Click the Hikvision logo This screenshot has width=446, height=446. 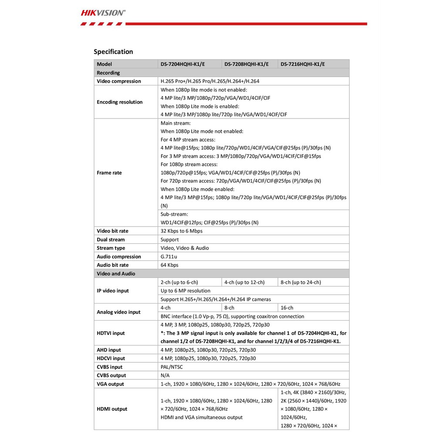(x=103, y=13)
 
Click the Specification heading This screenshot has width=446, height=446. (x=113, y=52)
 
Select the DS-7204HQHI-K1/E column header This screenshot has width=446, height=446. (x=182, y=64)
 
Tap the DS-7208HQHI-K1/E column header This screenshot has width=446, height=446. (x=246, y=64)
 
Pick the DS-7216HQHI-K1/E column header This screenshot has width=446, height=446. (x=303, y=64)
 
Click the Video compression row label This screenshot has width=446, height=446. (x=119, y=81)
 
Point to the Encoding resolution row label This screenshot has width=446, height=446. (x=120, y=102)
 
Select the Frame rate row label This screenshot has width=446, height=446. (x=109, y=173)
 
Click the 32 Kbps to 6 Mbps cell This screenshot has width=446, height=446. (x=182, y=231)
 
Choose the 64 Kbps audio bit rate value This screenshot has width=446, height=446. (x=169, y=265)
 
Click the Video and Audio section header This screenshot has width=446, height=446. (x=116, y=274)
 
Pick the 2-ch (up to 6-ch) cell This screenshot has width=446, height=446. (x=179, y=282)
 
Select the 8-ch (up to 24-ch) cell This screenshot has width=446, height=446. (x=301, y=282)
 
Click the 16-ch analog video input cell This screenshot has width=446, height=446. (x=287, y=308)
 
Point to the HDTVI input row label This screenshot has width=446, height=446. (x=111, y=333)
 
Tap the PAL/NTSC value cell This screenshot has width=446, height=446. (x=172, y=367)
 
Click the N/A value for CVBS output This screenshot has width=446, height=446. (x=165, y=375)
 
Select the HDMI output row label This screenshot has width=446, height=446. (x=112, y=409)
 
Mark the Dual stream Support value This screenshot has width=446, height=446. (x=170, y=240)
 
